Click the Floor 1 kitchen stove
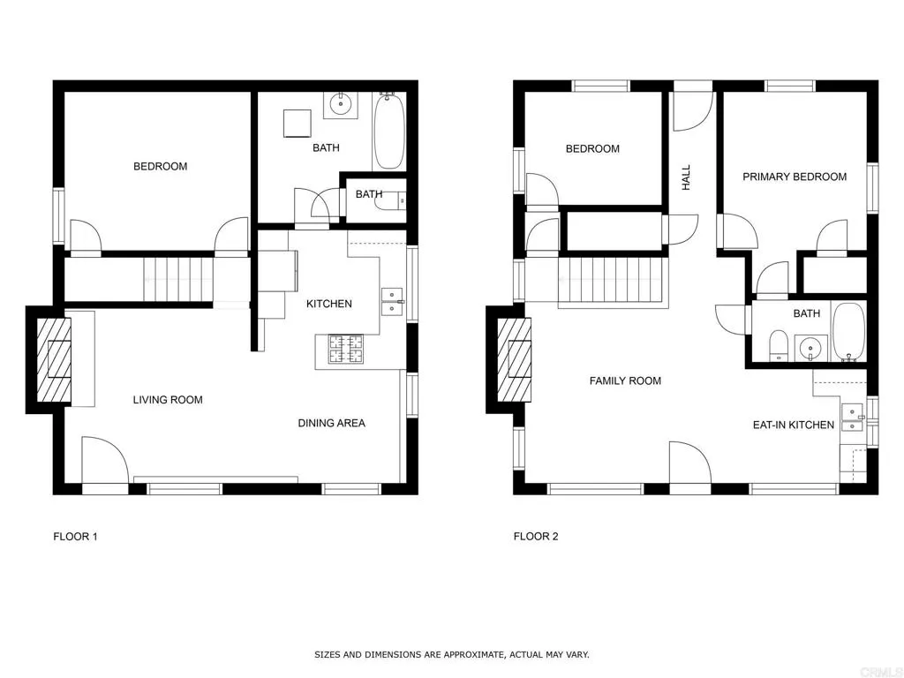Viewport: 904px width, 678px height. pos(346,350)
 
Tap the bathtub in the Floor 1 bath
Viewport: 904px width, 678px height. pos(388,132)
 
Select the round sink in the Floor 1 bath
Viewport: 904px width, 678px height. pos(341,105)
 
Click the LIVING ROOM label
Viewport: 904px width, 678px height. pos(168,400)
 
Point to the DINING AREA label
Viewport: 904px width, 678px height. pos(331,423)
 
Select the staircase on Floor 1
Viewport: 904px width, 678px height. pos(179,278)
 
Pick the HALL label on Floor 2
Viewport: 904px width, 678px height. pos(686,177)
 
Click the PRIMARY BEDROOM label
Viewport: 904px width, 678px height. pos(794,177)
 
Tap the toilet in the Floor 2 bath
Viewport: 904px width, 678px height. pos(779,345)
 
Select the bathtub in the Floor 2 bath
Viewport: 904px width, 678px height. pos(849,332)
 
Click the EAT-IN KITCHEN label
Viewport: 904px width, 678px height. pos(793,425)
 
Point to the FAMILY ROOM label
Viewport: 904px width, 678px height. pos(625,380)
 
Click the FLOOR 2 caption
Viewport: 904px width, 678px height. pos(536,536)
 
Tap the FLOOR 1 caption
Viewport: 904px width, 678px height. pos(75,536)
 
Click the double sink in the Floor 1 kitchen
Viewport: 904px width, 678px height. pos(390,301)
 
